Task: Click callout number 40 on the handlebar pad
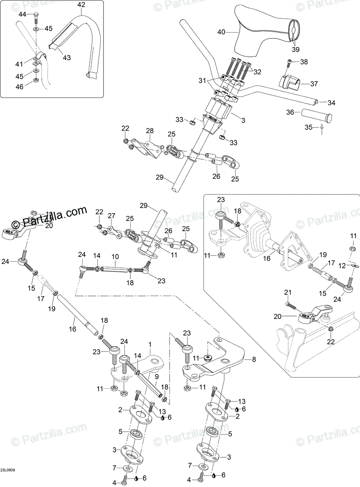221,31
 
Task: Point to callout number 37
314,84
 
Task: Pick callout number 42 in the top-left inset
81,5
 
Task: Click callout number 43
67,58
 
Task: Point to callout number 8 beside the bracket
254,359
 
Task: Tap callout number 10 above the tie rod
115,256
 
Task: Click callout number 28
150,131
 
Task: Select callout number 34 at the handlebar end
331,103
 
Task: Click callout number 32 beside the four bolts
257,71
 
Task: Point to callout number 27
111,216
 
